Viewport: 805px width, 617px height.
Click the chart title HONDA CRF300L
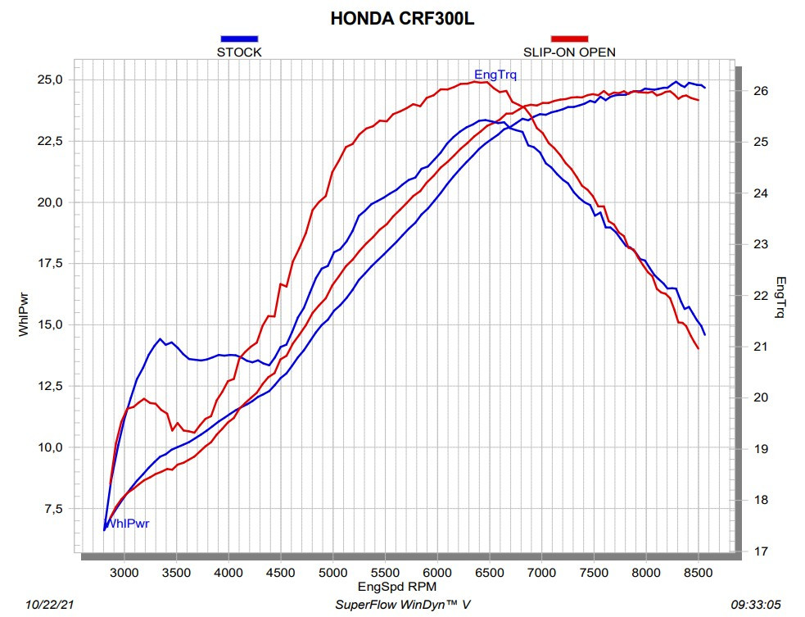pyautogui.click(x=402, y=19)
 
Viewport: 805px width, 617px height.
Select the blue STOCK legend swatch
pyautogui.click(x=239, y=39)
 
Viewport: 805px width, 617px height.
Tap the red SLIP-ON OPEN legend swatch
pyautogui.click(x=569, y=39)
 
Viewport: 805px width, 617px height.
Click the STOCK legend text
pyautogui.click(x=239, y=52)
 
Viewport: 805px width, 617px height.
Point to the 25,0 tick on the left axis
pyautogui.click(x=50, y=79)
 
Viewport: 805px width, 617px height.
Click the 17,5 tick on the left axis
pyautogui.click(x=50, y=264)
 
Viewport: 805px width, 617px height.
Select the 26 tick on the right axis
pyautogui.click(x=761, y=91)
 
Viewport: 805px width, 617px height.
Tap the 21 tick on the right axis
pyautogui.click(x=761, y=347)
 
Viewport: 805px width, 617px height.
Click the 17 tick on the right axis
pyautogui.click(x=761, y=551)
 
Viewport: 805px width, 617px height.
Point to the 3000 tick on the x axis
pyautogui.click(x=124, y=573)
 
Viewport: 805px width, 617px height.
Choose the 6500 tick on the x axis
pyautogui.click(x=489, y=573)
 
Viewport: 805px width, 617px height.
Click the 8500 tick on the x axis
pyautogui.click(x=699, y=573)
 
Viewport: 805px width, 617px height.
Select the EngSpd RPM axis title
pyautogui.click(x=397, y=587)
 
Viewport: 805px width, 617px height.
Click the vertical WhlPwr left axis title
pyautogui.click(x=24, y=315)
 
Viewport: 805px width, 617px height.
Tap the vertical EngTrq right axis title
pyautogui.click(x=780, y=297)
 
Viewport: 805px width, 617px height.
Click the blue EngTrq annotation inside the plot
pyautogui.click(x=495, y=75)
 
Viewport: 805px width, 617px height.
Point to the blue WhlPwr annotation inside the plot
pyautogui.click(x=127, y=524)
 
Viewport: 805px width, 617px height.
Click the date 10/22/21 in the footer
pyautogui.click(x=49, y=605)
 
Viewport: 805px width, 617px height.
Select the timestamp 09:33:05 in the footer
pyautogui.click(x=756, y=605)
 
